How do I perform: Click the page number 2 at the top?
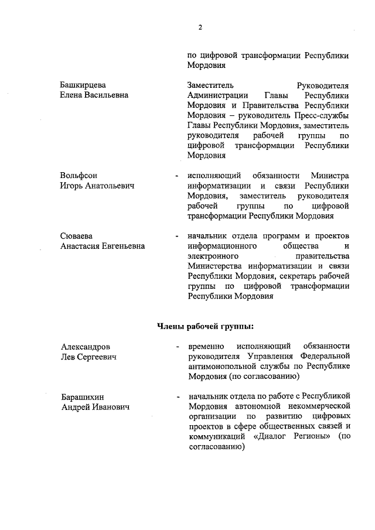(200, 27)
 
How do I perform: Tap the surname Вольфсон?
(79, 176)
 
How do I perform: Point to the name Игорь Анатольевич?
(97, 186)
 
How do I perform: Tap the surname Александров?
(86, 346)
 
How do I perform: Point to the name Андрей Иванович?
(96, 407)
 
